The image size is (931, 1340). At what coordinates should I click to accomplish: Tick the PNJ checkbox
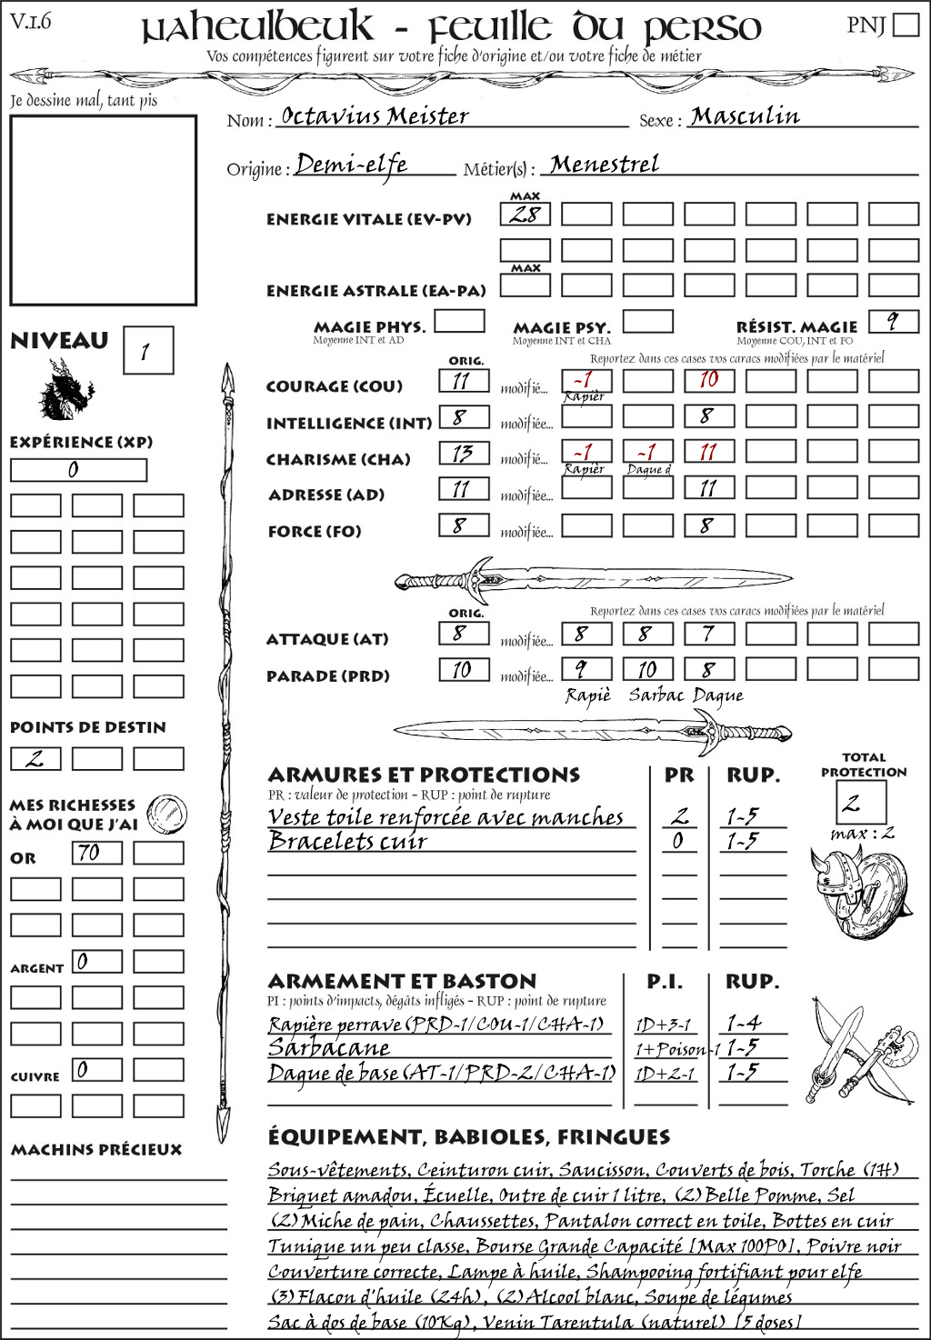(906, 24)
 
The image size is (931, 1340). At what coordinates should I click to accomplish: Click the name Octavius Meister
(375, 116)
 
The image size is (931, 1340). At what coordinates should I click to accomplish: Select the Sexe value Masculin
(745, 116)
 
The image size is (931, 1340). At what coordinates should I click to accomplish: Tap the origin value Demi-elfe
(352, 165)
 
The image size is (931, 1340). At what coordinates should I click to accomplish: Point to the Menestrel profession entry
(605, 165)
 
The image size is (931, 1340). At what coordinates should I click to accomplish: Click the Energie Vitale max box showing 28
(525, 215)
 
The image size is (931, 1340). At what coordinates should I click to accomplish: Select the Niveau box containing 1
(147, 351)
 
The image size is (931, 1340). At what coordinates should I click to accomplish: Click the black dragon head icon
(65, 391)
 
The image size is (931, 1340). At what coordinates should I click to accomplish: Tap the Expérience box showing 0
(78, 470)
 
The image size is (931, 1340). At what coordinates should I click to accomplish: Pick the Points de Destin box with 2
(35, 758)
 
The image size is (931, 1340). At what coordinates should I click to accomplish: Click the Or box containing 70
(96, 853)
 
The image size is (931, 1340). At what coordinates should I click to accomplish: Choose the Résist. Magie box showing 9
(893, 321)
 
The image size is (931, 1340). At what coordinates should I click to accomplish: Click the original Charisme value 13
(464, 453)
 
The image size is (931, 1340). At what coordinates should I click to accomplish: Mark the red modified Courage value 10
(708, 380)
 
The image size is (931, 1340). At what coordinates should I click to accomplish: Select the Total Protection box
(859, 802)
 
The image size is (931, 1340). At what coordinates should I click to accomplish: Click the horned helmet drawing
(832, 882)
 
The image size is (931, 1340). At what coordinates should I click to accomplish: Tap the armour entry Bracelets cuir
(347, 842)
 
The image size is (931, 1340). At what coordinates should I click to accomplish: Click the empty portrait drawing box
(103, 210)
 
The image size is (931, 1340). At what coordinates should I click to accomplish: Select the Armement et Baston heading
(402, 981)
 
